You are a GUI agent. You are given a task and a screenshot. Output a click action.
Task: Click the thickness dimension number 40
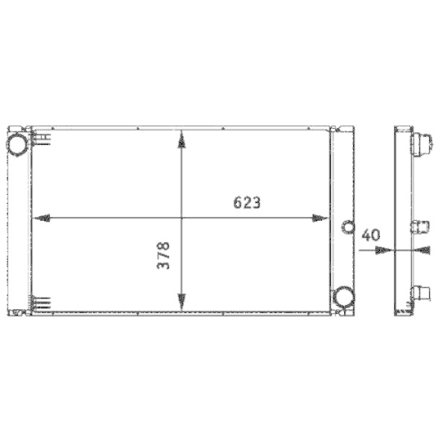pos(372,235)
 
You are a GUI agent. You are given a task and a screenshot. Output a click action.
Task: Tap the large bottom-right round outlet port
pos(342,296)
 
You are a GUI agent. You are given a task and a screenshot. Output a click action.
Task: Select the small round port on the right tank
pos(342,226)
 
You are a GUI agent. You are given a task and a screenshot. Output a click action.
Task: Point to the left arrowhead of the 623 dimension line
pos(38,217)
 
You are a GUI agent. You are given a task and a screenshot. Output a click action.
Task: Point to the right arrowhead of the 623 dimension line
pos(323,217)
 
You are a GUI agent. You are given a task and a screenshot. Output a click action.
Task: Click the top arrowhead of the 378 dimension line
pos(181,139)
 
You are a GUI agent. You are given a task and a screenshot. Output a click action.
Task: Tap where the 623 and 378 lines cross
pos(181,217)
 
